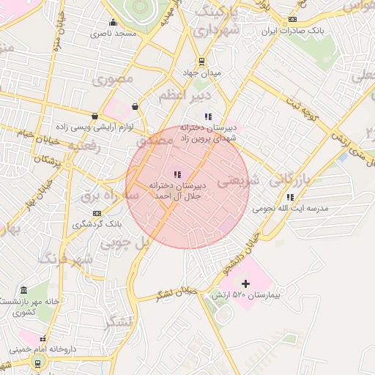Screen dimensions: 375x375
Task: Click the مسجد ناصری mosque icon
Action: coord(112,22)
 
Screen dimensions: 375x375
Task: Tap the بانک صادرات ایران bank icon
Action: coord(293,20)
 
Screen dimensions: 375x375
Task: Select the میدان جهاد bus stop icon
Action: coord(201,62)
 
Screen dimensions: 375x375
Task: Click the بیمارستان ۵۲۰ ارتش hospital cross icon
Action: coord(245,283)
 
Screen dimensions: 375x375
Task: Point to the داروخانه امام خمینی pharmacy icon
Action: coord(42,340)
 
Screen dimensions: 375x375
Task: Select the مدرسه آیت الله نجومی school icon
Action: coord(291,197)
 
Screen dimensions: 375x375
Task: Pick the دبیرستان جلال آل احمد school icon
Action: coord(177,174)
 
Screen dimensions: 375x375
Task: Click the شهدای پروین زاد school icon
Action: coord(208,116)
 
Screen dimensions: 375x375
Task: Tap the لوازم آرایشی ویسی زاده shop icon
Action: coord(95,116)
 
